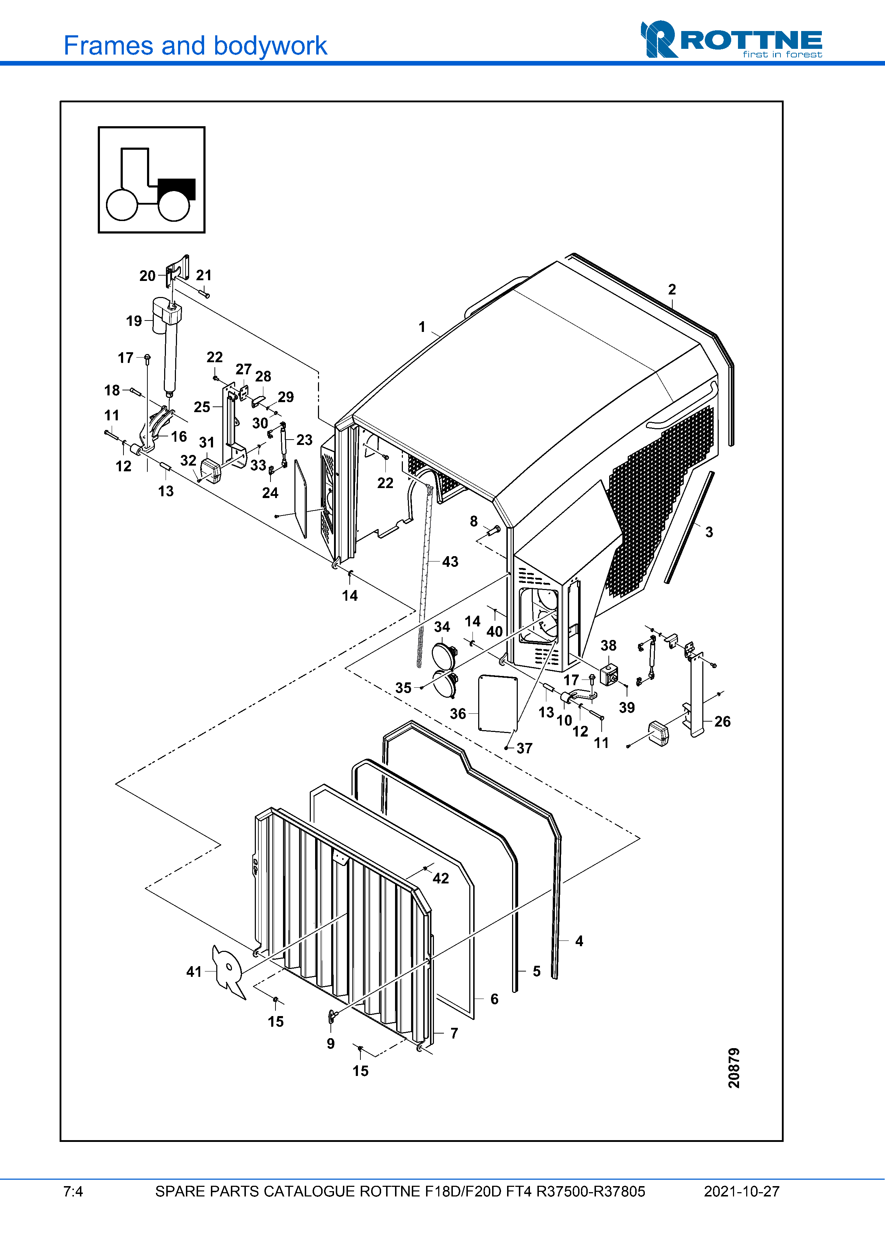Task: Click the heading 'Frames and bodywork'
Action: point(195,45)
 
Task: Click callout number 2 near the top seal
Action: point(672,289)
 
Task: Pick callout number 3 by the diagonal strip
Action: point(709,532)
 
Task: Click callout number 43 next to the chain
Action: point(450,562)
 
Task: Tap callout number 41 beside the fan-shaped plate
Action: point(194,971)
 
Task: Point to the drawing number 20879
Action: point(734,1068)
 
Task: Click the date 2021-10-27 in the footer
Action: point(742,1191)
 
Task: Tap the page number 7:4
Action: point(73,1191)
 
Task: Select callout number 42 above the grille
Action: point(441,878)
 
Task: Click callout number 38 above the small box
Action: point(608,646)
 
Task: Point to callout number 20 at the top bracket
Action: point(147,276)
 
